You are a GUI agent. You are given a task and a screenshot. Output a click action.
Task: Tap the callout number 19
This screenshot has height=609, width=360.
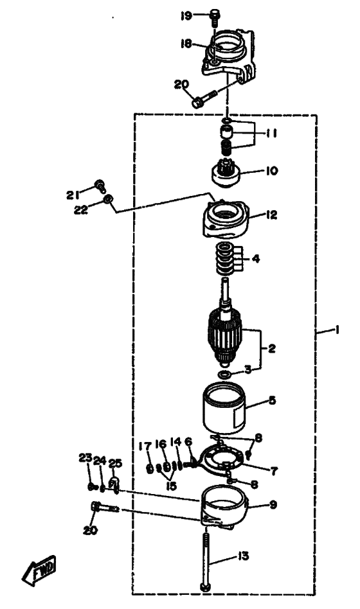click(x=186, y=16)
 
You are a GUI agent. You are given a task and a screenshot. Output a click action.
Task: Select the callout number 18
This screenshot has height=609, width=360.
click(x=186, y=44)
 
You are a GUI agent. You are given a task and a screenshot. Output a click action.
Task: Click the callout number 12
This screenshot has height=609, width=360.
click(x=271, y=215)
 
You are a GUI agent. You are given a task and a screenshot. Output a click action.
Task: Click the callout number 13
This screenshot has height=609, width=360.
click(x=244, y=556)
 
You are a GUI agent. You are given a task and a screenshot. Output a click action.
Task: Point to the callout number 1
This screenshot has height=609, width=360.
click(x=337, y=330)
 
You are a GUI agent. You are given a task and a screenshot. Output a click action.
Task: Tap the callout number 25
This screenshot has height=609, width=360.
click(x=115, y=463)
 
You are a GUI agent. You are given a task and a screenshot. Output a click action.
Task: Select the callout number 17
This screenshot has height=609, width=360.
click(x=144, y=446)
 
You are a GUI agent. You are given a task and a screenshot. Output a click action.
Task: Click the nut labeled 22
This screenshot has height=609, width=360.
click(x=109, y=200)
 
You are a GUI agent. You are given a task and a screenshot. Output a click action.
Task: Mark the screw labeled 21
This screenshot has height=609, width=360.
click(x=100, y=186)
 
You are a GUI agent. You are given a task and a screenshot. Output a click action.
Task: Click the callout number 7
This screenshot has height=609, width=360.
click(x=274, y=471)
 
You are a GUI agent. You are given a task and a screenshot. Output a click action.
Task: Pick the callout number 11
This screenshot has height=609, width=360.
click(x=271, y=133)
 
